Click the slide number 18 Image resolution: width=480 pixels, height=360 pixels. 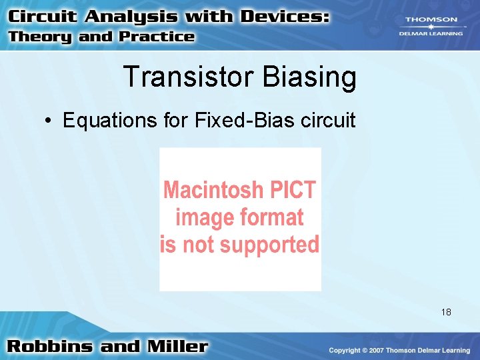446,311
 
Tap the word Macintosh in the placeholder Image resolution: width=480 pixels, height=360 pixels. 213,191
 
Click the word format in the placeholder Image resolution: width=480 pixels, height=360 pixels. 268,217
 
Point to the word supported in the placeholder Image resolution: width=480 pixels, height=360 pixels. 269,244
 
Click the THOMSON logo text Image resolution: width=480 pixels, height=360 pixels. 431,20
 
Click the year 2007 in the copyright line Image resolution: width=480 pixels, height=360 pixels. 377,350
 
